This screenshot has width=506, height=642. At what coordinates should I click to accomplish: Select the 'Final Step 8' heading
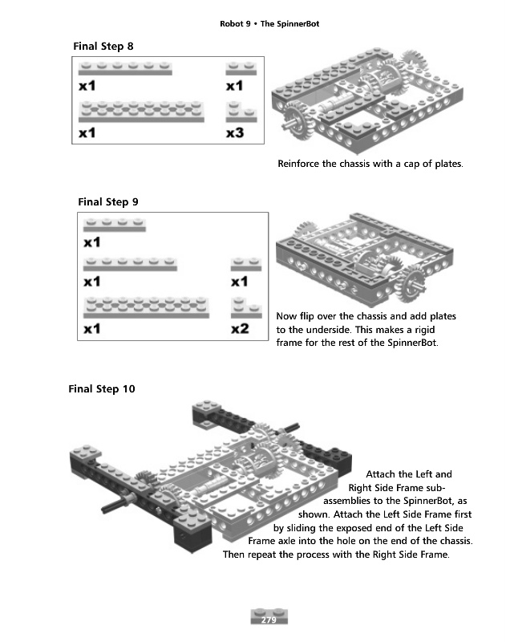pos(103,47)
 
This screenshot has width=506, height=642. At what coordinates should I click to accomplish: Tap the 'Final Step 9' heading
pos(107,201)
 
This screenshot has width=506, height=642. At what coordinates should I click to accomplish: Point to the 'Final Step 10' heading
pos(102,389)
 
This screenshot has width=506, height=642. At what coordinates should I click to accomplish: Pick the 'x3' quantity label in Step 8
pos(234,133)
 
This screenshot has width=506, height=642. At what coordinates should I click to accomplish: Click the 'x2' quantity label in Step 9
pos(240,329)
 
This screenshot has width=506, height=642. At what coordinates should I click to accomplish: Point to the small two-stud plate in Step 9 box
pos(245,265)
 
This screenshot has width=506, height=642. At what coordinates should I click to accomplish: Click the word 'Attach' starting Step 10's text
pos(381,474)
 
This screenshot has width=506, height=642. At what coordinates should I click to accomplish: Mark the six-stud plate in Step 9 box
pos(130,264)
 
